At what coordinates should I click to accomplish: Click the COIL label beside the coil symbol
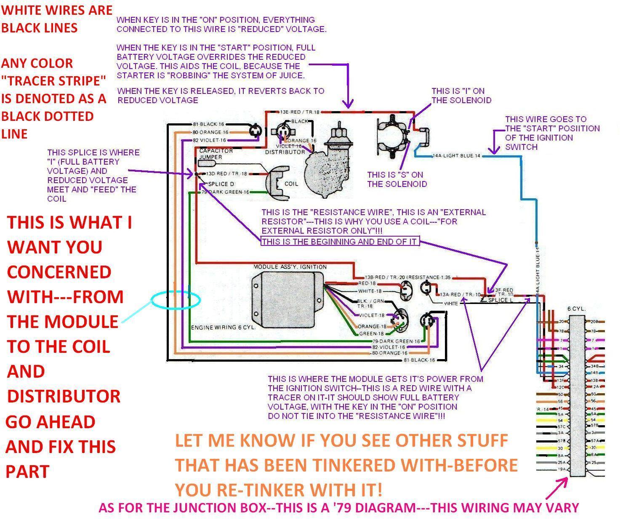pyautogui.click(x=291, y=184)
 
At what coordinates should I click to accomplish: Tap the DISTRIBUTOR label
pyautogui.click(x=285, y=152)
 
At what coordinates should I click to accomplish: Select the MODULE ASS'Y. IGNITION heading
pyautogui.click(x=290, y=267)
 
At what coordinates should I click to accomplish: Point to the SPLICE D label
pyautogui.click(x=221, y=184)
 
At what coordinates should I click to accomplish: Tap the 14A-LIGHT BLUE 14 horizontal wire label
pyautogui.click(x=456, y=156)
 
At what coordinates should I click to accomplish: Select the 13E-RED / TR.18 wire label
pyautogui.click(x=299, y=112)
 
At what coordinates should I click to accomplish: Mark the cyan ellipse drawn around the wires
pyautogui.click(x=176, y=300)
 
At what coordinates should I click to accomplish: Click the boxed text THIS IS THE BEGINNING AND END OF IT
pyautogui.click(x=340, y=242)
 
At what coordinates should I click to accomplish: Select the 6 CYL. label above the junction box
pyautogui.click(x=576, y=309)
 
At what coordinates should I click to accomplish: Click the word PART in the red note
pyautogui.click(x=27, y=472)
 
